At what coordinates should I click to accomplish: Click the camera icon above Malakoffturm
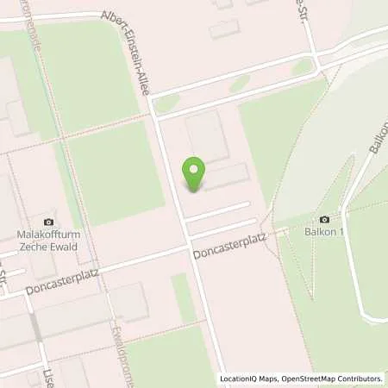pos(48,222)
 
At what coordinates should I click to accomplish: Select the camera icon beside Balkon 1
pos(324,219)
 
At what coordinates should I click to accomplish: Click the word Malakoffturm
pos(49,235)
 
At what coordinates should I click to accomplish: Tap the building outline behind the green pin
pos(207,138)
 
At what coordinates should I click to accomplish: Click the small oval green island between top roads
pos(302,67)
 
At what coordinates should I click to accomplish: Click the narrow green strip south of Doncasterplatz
pos(184,297)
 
